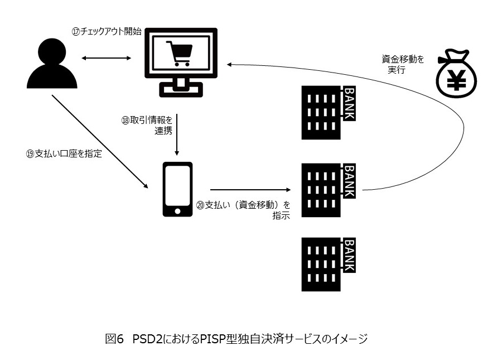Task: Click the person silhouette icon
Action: [x=52, y=65]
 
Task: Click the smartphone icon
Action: [x=177, y=189]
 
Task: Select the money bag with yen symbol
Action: [x=457, y=77]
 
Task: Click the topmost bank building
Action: [x=327, y=112]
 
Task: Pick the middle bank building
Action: [x=327, y=190]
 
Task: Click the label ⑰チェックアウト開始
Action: [x=106, y=31]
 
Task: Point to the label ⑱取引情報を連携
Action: [x=148, y=125]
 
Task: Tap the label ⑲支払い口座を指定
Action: [x=64, y=154]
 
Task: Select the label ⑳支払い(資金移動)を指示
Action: [x=243, y=210]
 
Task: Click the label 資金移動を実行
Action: [x=402, y=65]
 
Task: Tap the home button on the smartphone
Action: [x=177, y=211]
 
